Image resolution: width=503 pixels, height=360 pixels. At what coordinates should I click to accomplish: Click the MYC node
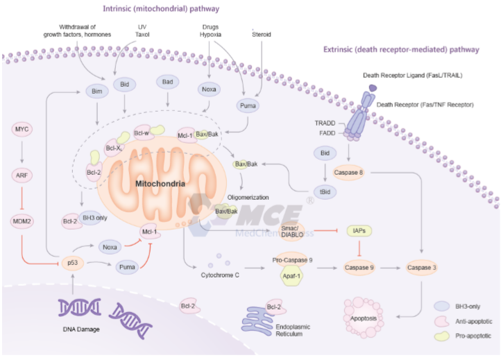pos(24,129)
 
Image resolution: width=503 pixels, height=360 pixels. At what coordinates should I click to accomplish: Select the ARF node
pos(24,175)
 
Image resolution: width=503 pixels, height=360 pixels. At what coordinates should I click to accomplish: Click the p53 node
pos(71,263)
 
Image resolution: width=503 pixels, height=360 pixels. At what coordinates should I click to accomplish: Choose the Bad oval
pos(167,82)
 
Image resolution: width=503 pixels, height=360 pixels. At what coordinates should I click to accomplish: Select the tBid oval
pos(323,194)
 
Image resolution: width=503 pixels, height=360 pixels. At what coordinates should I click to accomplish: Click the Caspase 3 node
pos(419,267)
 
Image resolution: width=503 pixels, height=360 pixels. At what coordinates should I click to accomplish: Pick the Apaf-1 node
pos(289,276)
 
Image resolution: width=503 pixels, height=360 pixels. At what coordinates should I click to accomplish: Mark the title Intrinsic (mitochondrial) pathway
pos(161,9)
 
